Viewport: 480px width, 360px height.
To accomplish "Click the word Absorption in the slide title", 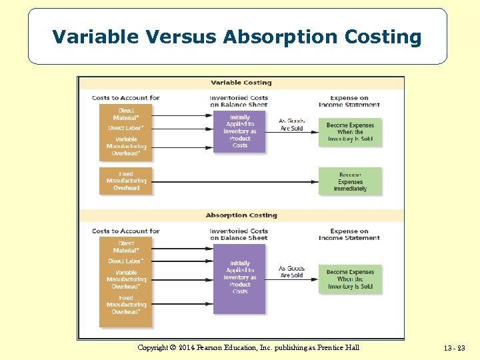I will pyautogui.click(x=281, y=37).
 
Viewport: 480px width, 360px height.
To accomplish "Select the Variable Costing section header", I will pyautogui.click(x=241, y=83).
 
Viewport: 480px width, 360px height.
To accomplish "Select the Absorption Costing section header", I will pyautogui.click(x=241, y=215).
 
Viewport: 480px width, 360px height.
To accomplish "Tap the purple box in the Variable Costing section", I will pyautogui.click(x=239, y=131).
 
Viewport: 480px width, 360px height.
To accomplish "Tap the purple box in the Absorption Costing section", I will pyautogui.click(x=239, y=278).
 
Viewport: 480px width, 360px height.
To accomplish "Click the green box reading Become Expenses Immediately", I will pyautogui.click(x=350, y=181).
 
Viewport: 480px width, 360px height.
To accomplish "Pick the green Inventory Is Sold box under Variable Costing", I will pyautogui.click(x=350, y=132).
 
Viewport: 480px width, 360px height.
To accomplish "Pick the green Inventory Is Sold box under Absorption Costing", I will pyautogui.click(x=350, y=279).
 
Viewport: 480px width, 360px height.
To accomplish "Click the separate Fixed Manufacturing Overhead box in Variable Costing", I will pyautogui.click(x=126, y=181).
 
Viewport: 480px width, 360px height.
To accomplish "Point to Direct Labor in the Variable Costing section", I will pyautogui.click(x=126, y=128).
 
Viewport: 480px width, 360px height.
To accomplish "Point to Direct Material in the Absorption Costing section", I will pyautogui.click(x=126, y=247).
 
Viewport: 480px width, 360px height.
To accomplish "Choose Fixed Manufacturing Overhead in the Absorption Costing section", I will pyautogui.click(x=126, y=305).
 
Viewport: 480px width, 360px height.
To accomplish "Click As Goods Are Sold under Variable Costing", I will pyautogui.click(x=291, y=124).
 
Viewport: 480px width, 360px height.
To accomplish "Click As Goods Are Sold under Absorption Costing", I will pyautogui.click(x=291, y=271).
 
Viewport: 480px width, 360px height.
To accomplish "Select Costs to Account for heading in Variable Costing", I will pyautogui.click(x=126, y=98).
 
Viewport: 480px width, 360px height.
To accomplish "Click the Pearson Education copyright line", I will pyautogui.click(x=248, y=347).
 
